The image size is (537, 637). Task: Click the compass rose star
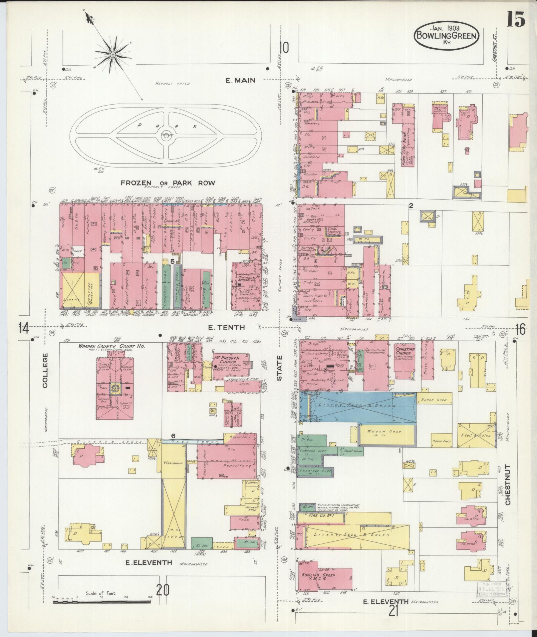pyautogui.click(x=113, y=54)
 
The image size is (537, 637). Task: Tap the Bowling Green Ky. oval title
pyautogui.click(x=446, y=36)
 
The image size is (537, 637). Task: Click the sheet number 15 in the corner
pyautogui.click(x=516, y=19)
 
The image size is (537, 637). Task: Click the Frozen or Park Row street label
pyautogui.click(x=168, y=183)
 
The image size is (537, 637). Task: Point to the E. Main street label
pyautogui.click(x=240, y=80)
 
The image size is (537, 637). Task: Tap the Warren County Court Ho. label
pyautogui.click(x=112, y=346)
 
